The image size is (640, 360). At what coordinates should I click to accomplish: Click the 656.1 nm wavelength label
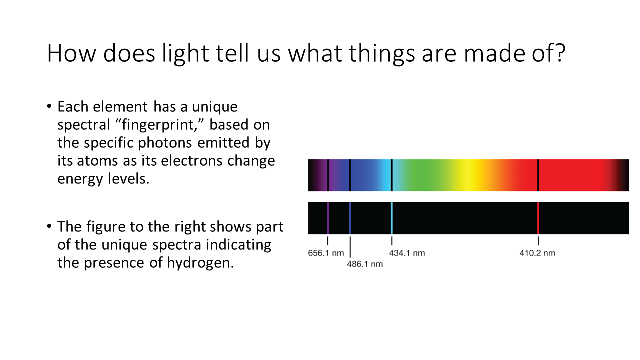click(326, 253)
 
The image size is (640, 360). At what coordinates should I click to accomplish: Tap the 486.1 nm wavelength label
click(365, 264)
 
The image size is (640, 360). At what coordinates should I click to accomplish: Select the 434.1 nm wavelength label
click(407, 253)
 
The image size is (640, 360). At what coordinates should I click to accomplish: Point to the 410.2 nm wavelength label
click(537, 253)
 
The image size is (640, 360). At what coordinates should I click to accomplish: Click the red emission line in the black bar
click(538, 218)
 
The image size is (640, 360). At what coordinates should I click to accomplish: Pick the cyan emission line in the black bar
click(392, 218)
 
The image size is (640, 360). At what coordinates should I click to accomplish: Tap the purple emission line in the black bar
click(328, 218)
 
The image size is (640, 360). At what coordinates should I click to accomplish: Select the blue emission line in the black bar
click(350, 218)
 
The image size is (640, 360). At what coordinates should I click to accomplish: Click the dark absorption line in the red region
click(538, 175)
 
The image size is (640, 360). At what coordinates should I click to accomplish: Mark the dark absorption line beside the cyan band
click(392, 175)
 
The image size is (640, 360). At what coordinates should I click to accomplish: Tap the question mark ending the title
click(560, 53)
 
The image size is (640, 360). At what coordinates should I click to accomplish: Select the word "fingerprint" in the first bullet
click(158, 125)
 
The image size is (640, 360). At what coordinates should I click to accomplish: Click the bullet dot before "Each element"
click(49, 106)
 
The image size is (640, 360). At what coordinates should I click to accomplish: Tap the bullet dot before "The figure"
click(49, 226)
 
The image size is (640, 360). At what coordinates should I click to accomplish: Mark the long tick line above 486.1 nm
click(350, 247)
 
